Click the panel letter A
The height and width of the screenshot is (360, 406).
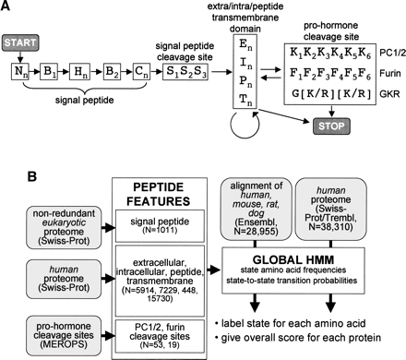click(7, 7)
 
